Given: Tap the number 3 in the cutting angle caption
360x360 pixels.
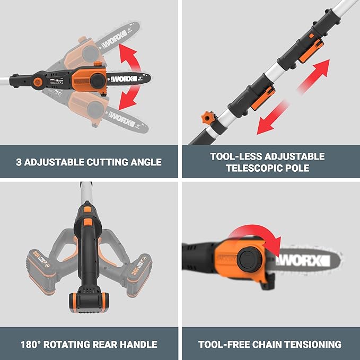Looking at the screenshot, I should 18,162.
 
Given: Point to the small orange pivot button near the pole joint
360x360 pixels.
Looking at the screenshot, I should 38,83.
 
